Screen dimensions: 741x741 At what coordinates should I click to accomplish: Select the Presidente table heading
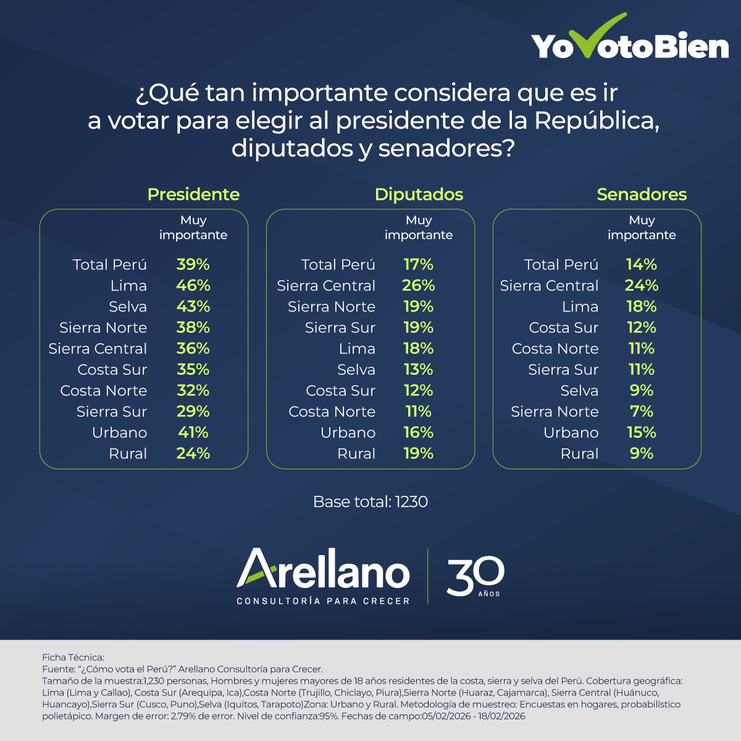tap(193, 195)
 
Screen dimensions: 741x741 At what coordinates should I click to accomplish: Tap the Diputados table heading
tap(419, 195)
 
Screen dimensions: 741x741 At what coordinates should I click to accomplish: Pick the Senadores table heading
tap(642, 195)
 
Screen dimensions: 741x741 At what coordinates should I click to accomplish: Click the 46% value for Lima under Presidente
tap(193, 286)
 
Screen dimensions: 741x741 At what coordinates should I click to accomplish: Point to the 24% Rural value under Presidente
tap(193, 454)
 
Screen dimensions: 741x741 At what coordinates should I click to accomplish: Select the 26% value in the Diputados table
tap(419, 286)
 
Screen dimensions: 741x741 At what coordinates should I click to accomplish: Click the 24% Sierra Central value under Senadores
tap(642, 286)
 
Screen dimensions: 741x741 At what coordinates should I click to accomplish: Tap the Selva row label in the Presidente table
tap(128, 307)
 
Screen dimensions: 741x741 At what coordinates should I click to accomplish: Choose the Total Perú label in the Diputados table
tap(338, 265)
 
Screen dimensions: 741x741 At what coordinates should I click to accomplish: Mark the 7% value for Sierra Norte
tap(642, 412)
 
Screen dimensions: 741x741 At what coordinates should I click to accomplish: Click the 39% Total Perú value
tap(193, 265)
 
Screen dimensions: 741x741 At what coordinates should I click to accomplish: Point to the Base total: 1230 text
tap(371, 501)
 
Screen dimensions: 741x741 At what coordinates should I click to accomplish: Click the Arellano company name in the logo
tap(323, 569)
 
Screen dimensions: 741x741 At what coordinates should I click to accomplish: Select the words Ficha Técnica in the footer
tap(73, 658)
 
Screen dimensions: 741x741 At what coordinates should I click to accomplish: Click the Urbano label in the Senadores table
tap(571, 433)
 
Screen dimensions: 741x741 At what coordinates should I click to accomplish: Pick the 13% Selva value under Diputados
tap(419, 370)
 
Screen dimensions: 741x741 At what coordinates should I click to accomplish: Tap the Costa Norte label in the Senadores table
tap(555, 349)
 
